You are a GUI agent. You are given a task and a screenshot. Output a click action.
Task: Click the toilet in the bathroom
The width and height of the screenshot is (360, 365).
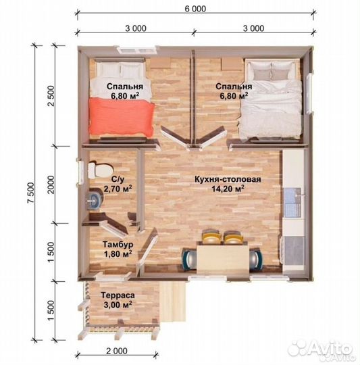(x=99, y=170)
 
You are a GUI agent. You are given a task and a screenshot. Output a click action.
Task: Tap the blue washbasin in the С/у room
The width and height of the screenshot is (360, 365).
(x=94, y=200)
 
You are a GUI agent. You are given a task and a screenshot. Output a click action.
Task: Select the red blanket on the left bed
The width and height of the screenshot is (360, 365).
(x=122, y=117)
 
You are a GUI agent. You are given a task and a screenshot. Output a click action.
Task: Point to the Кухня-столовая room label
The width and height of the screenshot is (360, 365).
(x=228, y=180)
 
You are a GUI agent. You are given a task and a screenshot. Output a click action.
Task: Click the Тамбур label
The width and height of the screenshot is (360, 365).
(x=118, y=245)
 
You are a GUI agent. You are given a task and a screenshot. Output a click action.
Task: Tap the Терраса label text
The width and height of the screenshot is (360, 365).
(x=118, y=295)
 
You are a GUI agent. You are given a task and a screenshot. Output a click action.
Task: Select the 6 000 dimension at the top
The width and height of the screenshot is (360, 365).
(x=195, y=9)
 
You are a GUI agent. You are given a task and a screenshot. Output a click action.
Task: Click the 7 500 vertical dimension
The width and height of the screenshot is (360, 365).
(x=30, y=193)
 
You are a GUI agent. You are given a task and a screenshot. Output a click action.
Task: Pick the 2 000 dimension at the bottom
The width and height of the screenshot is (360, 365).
(x=117, y=351)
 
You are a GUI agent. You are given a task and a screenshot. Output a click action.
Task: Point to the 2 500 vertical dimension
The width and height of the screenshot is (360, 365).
(x=51, y=96)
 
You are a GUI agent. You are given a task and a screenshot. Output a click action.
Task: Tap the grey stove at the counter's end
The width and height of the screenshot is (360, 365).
(x=294, y=250)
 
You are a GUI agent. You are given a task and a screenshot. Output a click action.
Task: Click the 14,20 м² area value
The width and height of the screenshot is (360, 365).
(x=228, y=189)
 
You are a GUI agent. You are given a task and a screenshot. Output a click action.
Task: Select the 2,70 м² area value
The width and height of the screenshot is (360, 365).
(x=118, y=189)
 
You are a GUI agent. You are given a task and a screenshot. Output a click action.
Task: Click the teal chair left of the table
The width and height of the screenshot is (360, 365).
(x=189, y=259)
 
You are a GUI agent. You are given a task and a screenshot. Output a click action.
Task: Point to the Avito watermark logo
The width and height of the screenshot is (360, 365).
(x=321, y=350)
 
